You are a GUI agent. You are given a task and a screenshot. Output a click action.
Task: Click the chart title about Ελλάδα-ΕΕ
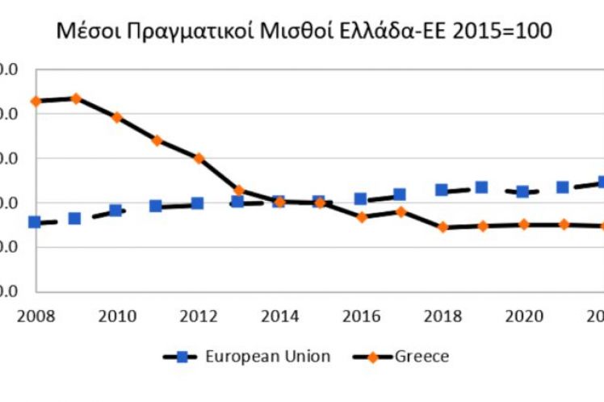303,32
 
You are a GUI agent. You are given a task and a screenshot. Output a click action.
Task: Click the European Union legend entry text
267,356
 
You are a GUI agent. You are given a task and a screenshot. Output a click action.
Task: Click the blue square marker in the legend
182,356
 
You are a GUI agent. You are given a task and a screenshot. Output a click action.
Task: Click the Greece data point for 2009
75,98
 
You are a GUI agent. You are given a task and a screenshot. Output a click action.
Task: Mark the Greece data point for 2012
198,158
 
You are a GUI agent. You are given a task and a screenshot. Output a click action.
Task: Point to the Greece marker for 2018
443,228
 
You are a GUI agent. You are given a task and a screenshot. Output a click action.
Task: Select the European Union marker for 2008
34,222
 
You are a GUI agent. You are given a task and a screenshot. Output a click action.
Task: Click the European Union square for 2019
482,187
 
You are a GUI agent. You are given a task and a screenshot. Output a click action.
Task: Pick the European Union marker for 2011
156,206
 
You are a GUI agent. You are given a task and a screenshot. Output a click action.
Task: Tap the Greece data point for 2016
361,217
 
